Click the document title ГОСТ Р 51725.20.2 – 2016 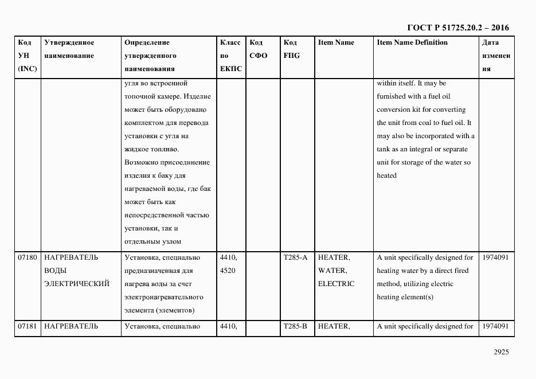(457, 28)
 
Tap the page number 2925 (501, 352)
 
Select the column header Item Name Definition (412, 42)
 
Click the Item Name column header (336, 42)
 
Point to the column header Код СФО (259, 49)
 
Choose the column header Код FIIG (291, 49)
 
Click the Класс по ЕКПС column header (230, 56)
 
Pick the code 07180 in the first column (28, 257)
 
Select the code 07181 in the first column (28, 326)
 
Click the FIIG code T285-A (295, 257)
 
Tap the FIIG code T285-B (295, 326)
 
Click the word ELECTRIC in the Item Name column (336, 284)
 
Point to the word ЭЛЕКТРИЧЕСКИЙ (76, 284)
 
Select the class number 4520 (228, 271)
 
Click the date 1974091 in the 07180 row (496, 257)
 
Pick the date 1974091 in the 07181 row (496, 326)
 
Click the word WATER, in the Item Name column (332, 271)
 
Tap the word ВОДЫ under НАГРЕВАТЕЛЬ (55, 271)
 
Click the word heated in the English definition (386, 175)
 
